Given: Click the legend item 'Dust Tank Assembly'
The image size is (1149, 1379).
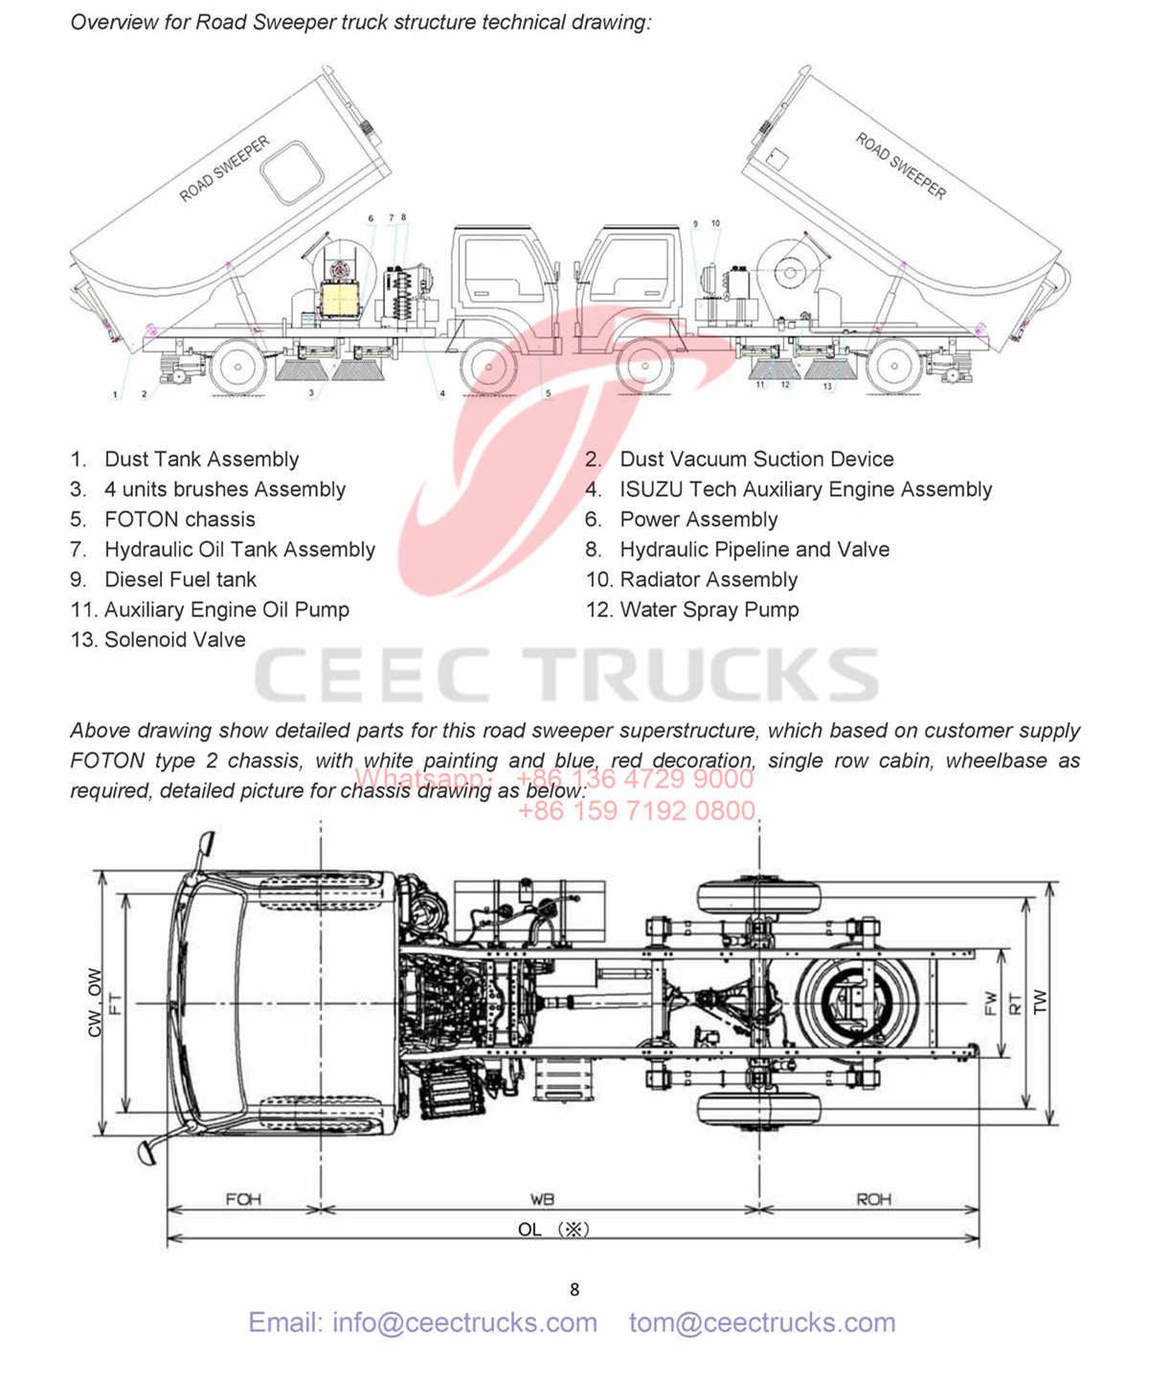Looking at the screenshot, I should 201,460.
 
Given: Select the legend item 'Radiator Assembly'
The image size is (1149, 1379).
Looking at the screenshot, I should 708,579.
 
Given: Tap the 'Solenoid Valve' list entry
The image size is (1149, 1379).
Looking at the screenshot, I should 174,640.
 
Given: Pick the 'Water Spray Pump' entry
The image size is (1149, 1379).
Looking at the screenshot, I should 709,610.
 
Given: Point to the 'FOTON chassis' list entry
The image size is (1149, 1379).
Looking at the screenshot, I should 179,519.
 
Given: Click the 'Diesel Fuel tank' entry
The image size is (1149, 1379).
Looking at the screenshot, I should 180,579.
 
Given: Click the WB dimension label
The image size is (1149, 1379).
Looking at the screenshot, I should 542,1199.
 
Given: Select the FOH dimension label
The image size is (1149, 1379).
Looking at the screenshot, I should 243,1199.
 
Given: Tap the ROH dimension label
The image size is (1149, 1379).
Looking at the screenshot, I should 873,1199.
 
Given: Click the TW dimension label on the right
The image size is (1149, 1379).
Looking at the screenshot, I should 1041,1002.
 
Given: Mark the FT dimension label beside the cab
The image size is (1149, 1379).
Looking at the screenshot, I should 115,1004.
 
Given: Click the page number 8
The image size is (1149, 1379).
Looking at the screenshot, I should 574,1290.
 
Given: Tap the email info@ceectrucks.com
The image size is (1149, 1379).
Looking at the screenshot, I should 422,1322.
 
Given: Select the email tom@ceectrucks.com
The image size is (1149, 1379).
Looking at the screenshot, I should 762,1322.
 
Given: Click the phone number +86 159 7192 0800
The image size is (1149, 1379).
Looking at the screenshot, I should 637,811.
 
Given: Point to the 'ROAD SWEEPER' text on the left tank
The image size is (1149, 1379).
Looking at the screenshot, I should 225,169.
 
